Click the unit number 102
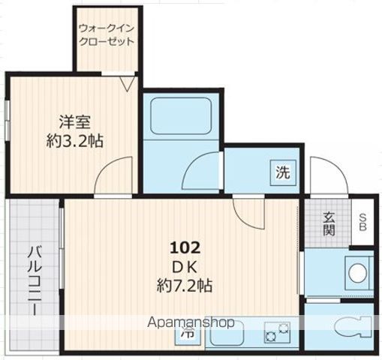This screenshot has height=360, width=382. point(185,248)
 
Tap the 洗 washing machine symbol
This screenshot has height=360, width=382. point(283,172)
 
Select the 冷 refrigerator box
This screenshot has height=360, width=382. point(188,333)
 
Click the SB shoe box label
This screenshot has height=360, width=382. point(362,222)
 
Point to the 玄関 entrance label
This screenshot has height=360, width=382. point(329,223)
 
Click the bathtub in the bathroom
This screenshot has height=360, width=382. point(180,115)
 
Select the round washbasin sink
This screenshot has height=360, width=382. point(357,273)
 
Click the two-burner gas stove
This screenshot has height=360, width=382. point(277,332)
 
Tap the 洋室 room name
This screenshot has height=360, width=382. point(74,122)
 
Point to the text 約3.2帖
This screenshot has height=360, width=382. point(74,141)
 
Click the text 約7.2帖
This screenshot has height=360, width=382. point(185,286)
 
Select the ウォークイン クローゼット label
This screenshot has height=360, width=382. point(107,35)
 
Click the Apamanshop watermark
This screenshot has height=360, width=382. point(191,322)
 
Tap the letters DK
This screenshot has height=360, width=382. point(185,268)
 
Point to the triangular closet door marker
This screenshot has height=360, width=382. point(128,83)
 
